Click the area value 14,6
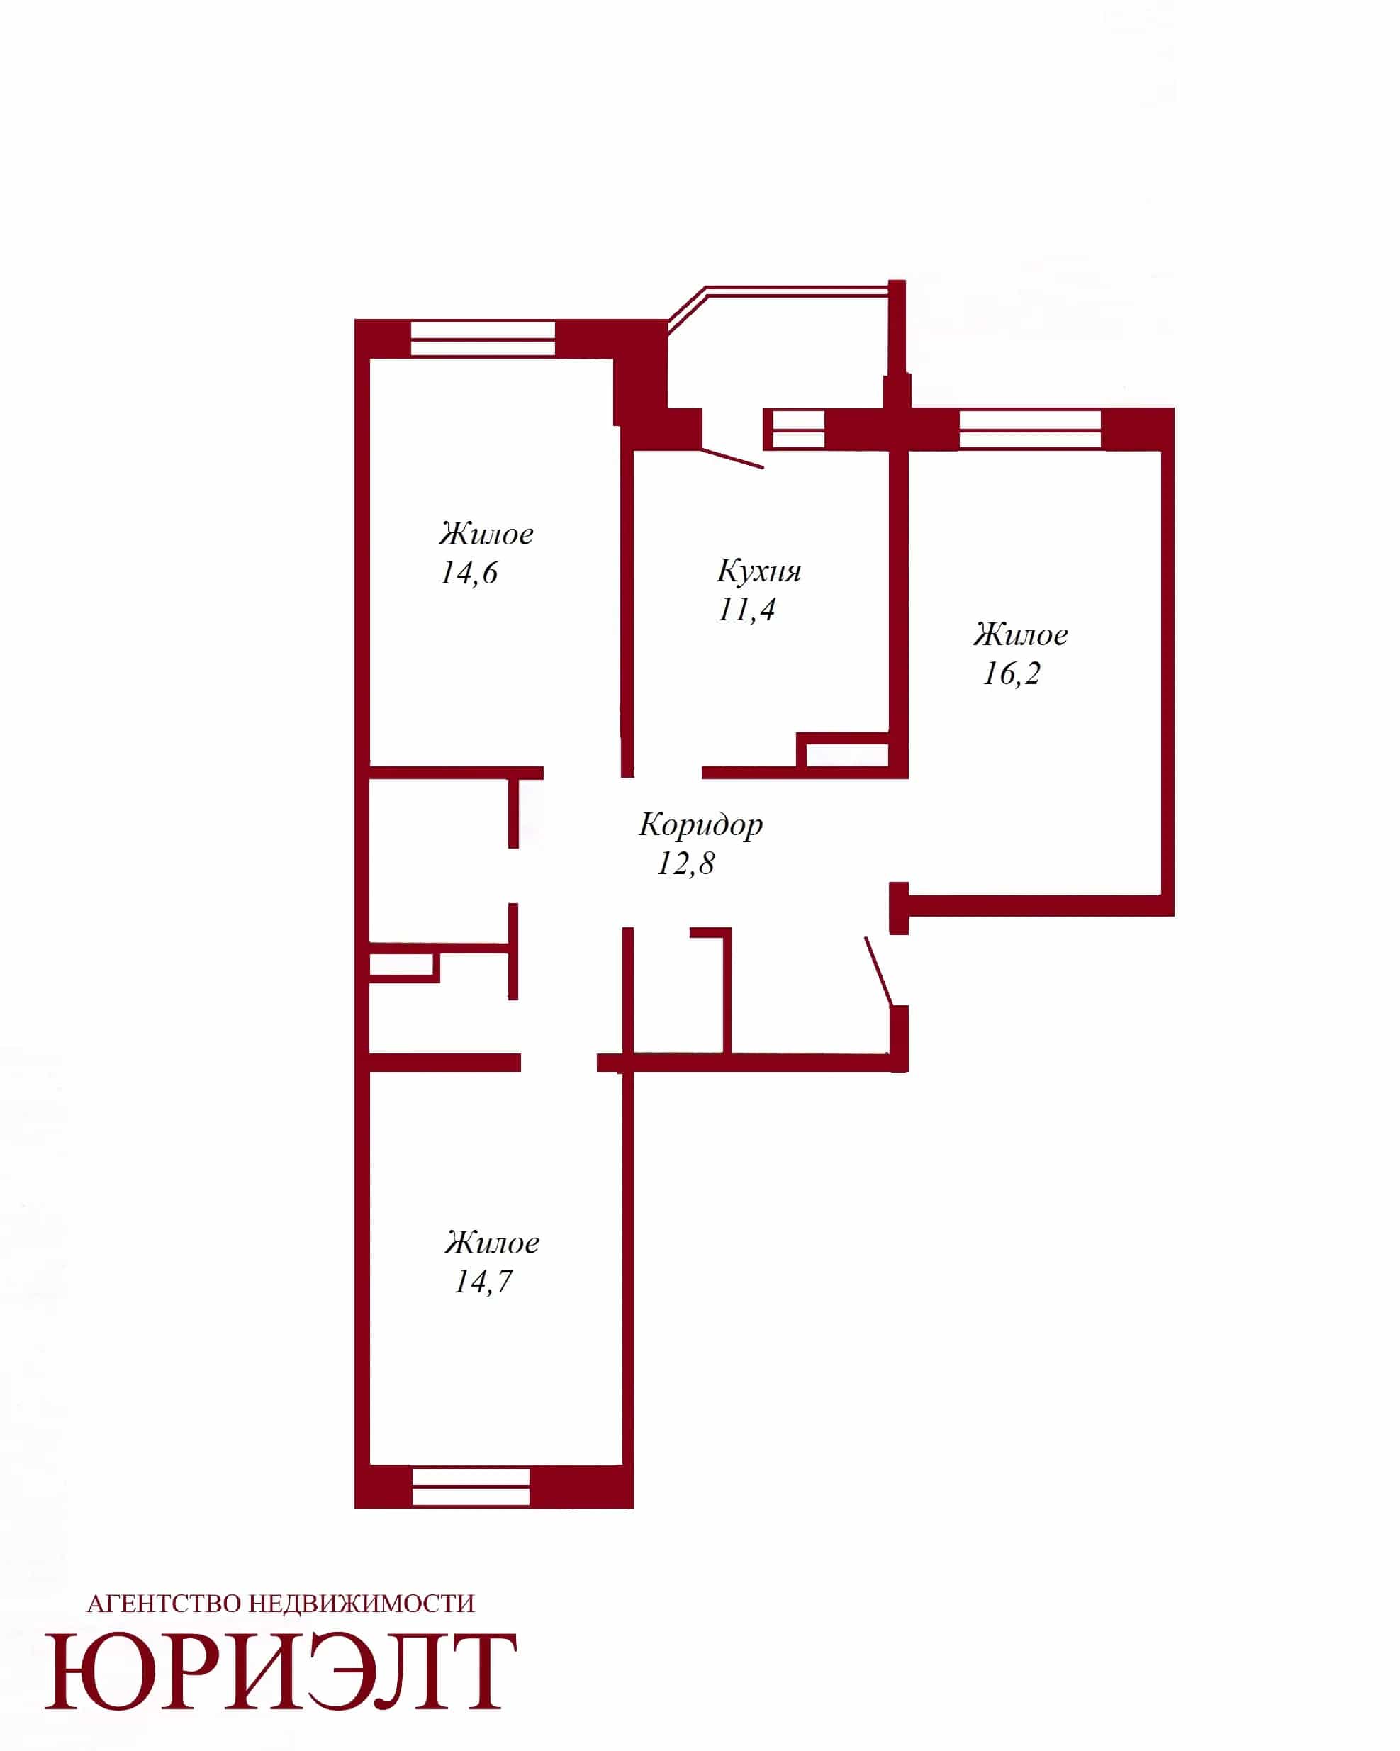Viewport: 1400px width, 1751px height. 469,574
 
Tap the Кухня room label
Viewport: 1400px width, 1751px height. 758,571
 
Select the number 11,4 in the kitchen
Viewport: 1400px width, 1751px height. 746,610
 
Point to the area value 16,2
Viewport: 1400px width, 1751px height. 1012,673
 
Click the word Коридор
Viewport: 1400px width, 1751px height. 701,825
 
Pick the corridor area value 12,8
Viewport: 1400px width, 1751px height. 686,863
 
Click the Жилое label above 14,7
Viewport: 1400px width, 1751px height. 492,1243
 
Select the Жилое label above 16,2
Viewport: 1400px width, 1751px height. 1021,634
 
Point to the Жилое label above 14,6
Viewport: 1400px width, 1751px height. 486,534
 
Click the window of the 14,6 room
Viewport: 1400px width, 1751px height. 482,339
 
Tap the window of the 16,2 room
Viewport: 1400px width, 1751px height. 1030,429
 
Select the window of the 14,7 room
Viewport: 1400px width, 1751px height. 471,1487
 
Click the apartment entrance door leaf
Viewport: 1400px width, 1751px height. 879,971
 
